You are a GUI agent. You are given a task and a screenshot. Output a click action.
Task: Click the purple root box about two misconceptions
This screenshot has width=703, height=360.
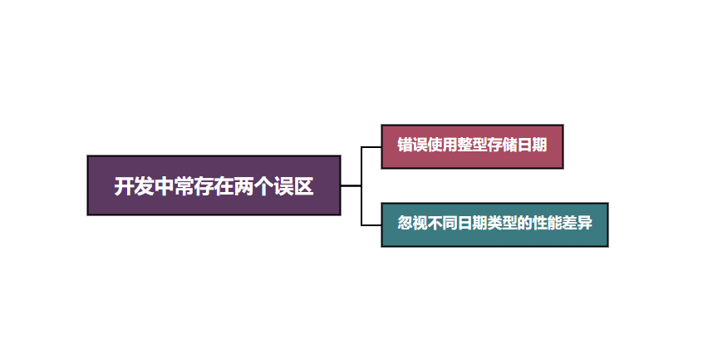click(x=214, y=185)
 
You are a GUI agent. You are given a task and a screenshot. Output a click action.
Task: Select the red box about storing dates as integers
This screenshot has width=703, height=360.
click(x=472, y=145)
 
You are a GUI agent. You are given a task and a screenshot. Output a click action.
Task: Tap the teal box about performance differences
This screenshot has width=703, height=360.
click(x=494, y=224)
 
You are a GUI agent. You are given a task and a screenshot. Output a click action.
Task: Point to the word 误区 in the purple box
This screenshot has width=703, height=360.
click(x=295, y=186)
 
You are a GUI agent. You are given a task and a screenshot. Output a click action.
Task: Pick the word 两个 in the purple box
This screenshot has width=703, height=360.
click(x=254, y=186)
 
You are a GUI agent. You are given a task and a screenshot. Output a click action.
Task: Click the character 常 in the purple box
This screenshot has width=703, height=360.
click(x=184, y=186)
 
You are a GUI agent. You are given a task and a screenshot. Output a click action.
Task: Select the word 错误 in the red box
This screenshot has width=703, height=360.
click(x=413, y=145)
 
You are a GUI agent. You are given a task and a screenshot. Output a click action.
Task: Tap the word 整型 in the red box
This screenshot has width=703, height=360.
click(x=472, y=145)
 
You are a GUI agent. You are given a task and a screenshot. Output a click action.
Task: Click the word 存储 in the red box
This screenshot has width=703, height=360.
click(x=502, y=145)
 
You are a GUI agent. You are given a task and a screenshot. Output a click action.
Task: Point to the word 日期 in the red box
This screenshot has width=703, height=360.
click(x=532, y=145)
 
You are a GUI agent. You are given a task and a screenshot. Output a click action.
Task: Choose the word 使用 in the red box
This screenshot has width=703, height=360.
click(x=443, y=145)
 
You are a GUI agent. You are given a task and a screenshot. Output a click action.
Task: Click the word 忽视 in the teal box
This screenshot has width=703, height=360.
click(x=413, y=224)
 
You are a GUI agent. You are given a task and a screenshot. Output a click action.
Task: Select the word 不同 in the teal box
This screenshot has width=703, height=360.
click(x=443, y=224)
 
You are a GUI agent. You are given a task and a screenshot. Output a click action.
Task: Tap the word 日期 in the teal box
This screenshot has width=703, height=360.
click(x=472, y=224)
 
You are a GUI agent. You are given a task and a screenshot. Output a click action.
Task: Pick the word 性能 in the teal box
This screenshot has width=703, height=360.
click(x=547, y=224)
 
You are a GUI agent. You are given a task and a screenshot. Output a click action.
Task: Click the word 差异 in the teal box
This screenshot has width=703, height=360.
click(x=578, y=224)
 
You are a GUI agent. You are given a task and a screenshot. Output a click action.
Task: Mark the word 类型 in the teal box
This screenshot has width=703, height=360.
click(x=502, y=224)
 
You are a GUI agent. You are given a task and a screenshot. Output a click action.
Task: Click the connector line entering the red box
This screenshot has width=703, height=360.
click(x=371, y=146)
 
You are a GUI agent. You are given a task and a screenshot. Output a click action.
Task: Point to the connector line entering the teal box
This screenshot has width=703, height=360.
click(x=371, y=225)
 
